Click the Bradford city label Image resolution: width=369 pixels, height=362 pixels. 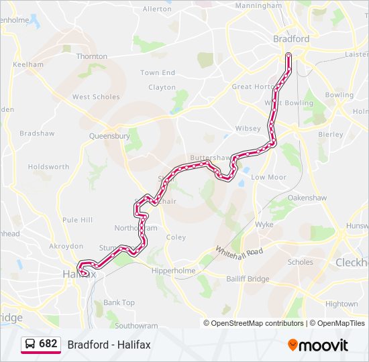click(x=291, y=39)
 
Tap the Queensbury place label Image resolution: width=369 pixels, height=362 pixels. click(x=109, y=135)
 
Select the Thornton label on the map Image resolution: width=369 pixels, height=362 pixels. click(x=92, y=57)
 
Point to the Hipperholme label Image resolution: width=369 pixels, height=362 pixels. click(x=174, y=271)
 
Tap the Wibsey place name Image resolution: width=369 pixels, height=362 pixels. click(x=248, y=128)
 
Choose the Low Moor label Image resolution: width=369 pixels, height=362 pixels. click(x=268, y=178)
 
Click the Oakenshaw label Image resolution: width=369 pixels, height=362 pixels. click(x=307, y=198)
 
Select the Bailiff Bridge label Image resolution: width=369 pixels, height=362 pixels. click(x=248, y=280)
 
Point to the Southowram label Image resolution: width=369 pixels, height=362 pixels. click(x=136, y=326)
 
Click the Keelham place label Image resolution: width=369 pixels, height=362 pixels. click(x=28, y=65)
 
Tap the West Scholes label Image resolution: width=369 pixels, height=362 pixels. click(x=96, y=97)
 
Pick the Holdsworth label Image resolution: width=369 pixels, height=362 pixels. click(x=48, y=167)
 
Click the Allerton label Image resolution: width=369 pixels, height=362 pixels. click(x=157, y=9)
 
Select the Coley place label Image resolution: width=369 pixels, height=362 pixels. click(x=176, y=237)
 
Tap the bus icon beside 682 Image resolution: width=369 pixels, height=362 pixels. click(x=30, y=344)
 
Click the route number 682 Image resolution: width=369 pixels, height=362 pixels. click(x=48, y=344)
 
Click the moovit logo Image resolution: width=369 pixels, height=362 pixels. click(x=318, y=345)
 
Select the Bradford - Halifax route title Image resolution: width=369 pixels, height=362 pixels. click(x=109, y=345)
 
